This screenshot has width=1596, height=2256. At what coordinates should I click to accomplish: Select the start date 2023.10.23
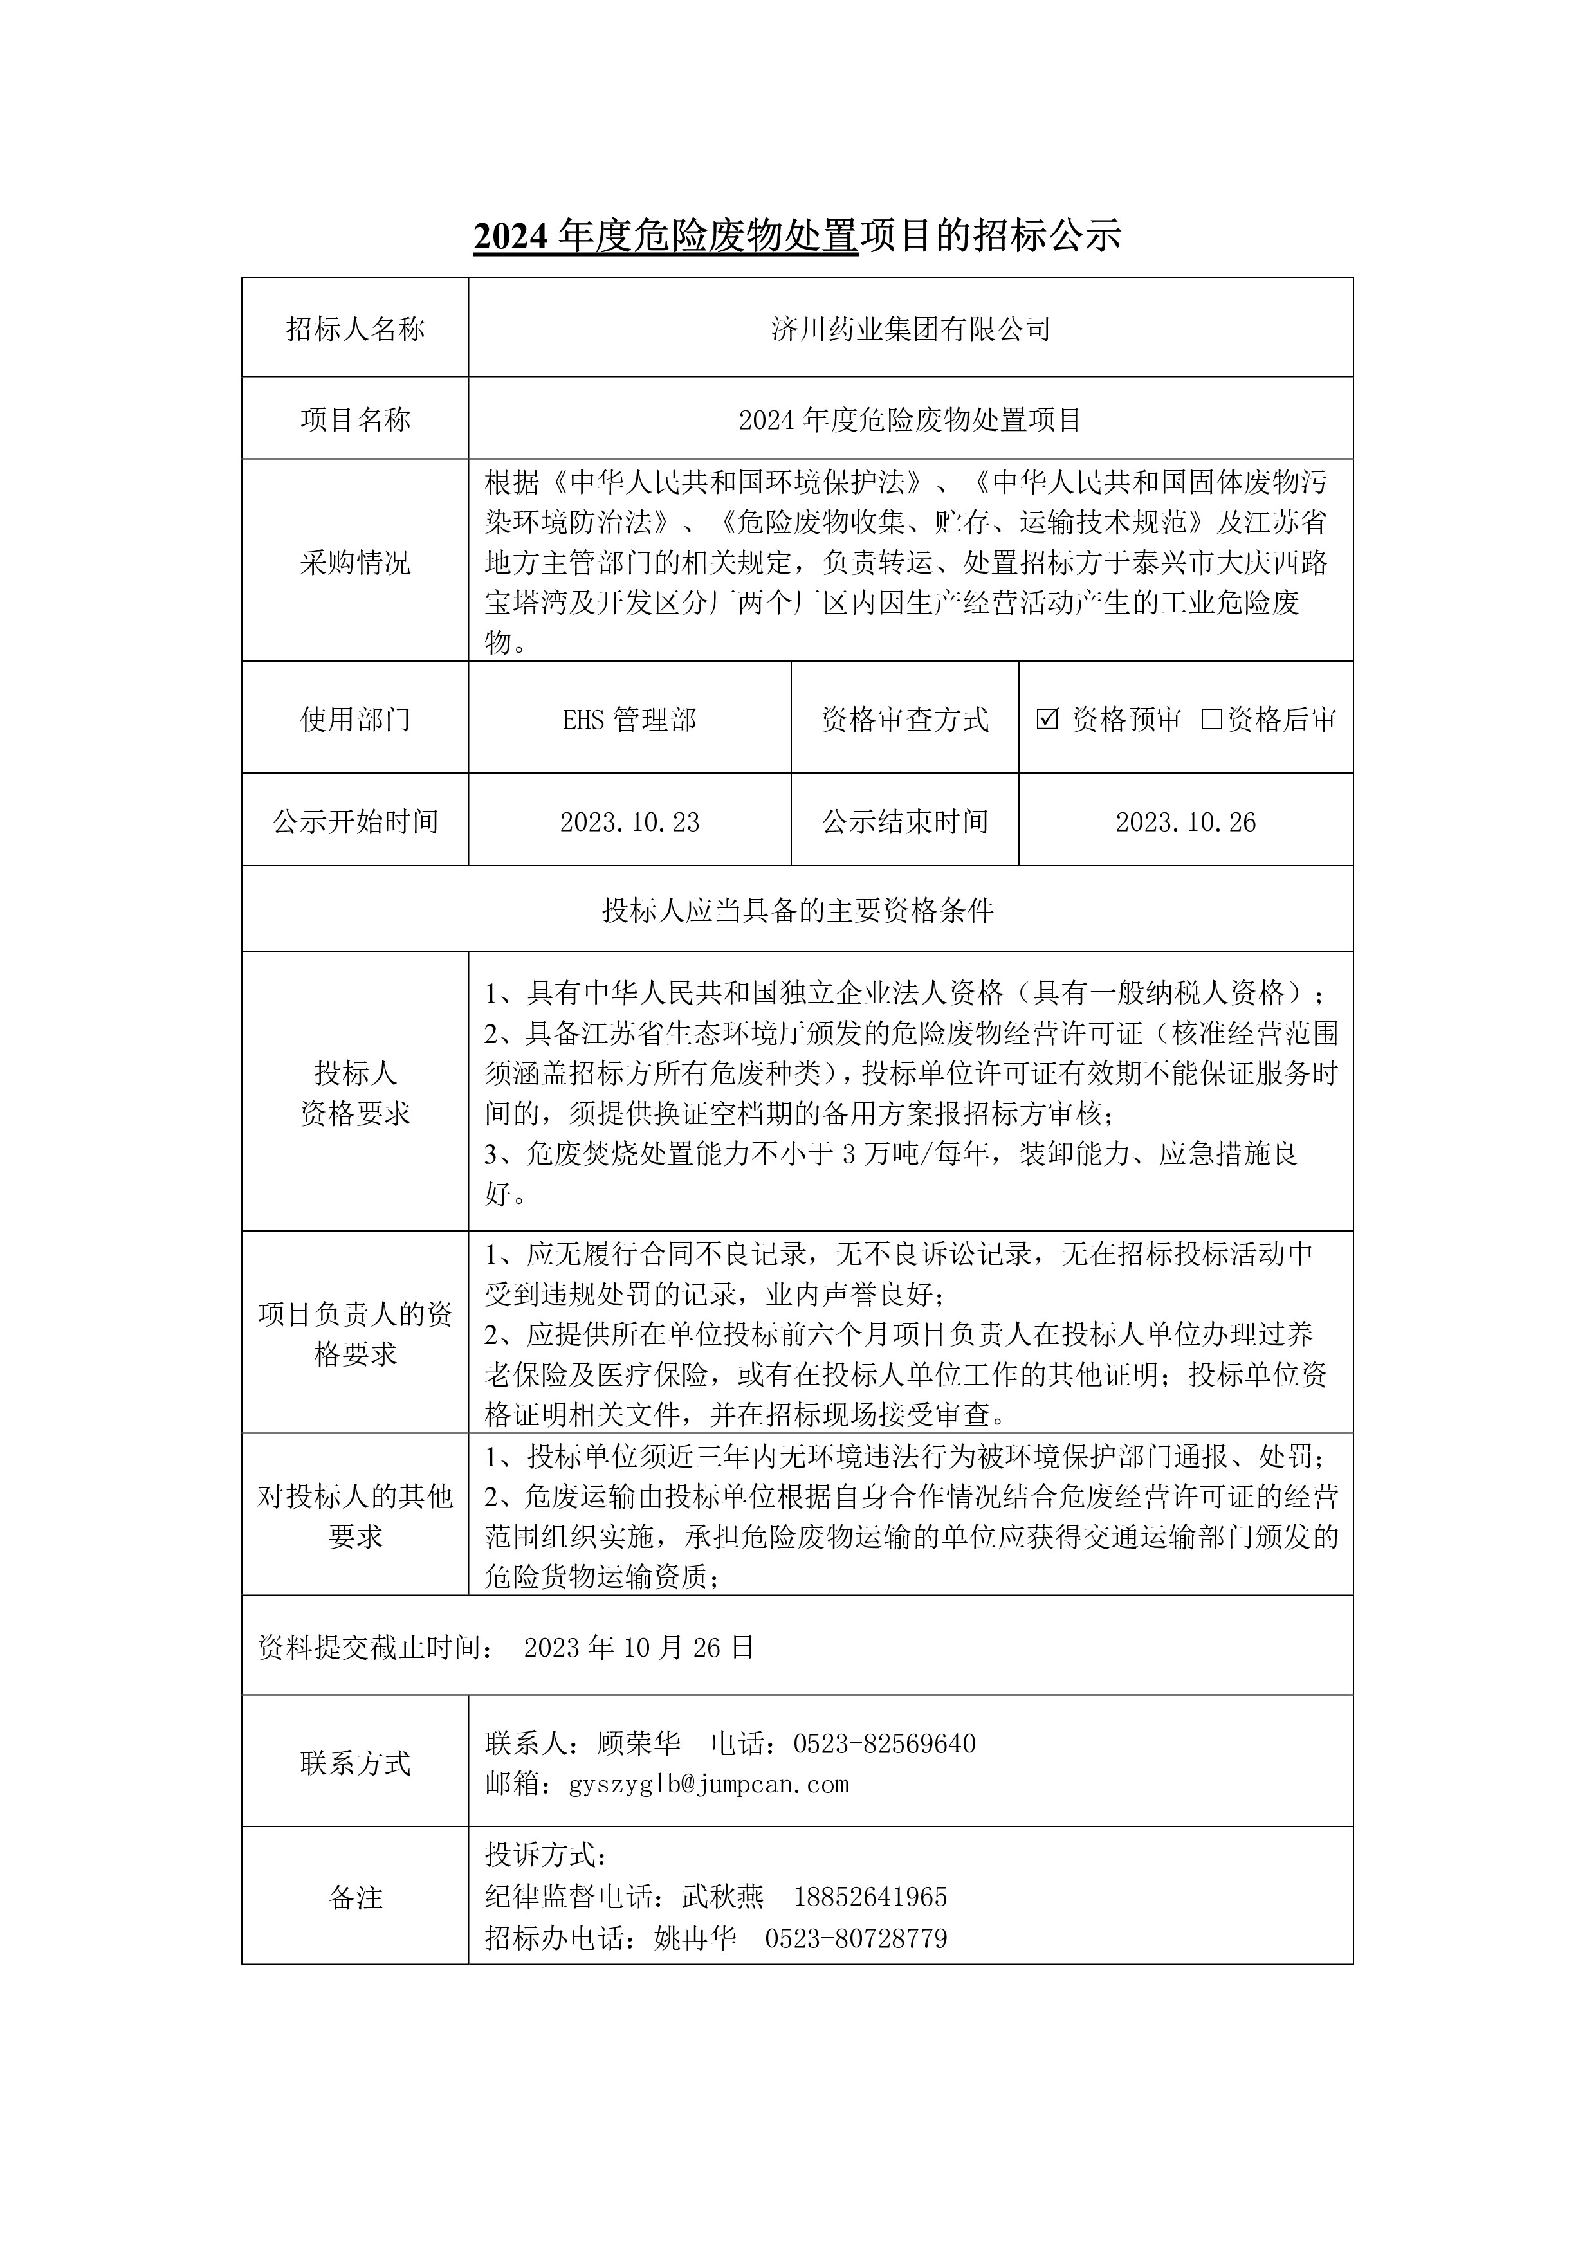[629, 823]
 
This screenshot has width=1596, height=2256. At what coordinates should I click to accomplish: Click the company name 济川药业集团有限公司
[910, 329]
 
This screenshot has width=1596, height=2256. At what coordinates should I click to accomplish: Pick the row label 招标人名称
[355, 329]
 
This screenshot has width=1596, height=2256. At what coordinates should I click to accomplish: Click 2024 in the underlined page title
[511, 237]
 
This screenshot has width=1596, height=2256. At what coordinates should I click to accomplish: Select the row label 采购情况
[355, 563]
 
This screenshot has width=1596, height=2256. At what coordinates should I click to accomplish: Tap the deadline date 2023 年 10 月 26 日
[639, 1648]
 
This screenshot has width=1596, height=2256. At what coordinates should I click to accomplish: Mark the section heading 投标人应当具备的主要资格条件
[797, 911]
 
